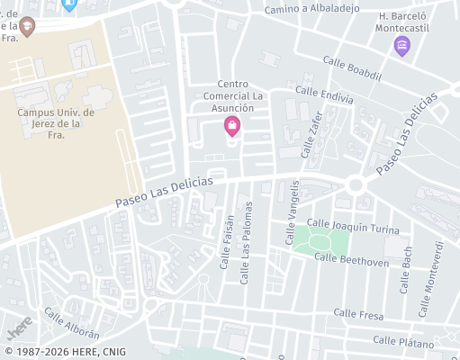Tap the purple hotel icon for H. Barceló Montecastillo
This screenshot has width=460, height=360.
(x=401, y=44)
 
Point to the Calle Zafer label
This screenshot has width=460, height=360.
(x=314, y=134)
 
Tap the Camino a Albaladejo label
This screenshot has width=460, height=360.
(x=311, y=9)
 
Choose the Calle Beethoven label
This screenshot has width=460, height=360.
(x=351, y=260)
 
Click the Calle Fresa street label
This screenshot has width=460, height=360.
(x=358, y=314)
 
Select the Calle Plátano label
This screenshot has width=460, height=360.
(x=403, y=341)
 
